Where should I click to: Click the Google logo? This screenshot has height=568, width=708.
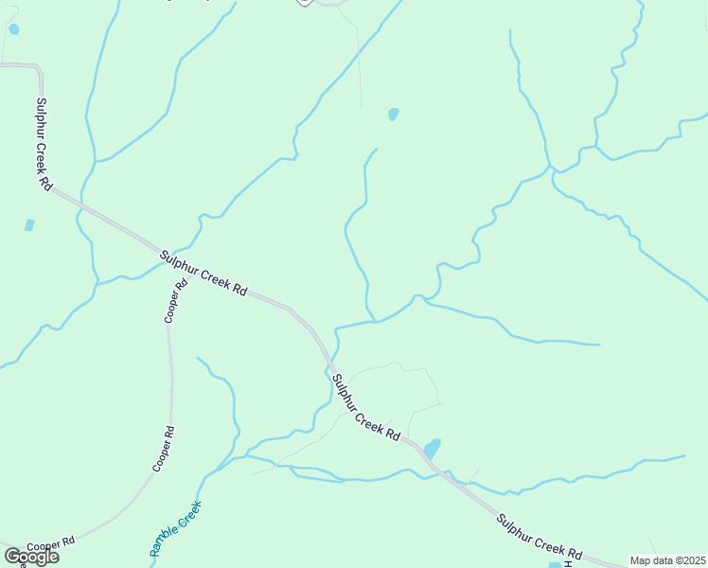(x=31, y=557)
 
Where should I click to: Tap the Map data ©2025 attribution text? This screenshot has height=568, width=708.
(x=668, y=560)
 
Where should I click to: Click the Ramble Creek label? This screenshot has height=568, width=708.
(x=175, y=527)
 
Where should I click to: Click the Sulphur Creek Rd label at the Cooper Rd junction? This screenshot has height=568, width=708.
(x=203, y=274)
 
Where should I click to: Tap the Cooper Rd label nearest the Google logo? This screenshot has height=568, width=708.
(x=50, y=545)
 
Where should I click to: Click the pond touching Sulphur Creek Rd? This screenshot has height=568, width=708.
(x=432, y=448)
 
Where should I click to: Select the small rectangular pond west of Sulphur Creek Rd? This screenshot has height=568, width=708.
(x=29, y=225)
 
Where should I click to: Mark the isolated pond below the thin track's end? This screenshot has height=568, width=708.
(x=393, y=115)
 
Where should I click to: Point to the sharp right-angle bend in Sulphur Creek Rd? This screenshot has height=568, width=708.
(x=38, y=67)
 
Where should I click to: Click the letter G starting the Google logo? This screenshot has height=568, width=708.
(x=11, y=557)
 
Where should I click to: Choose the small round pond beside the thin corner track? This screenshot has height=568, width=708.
(x=13, y=29)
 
